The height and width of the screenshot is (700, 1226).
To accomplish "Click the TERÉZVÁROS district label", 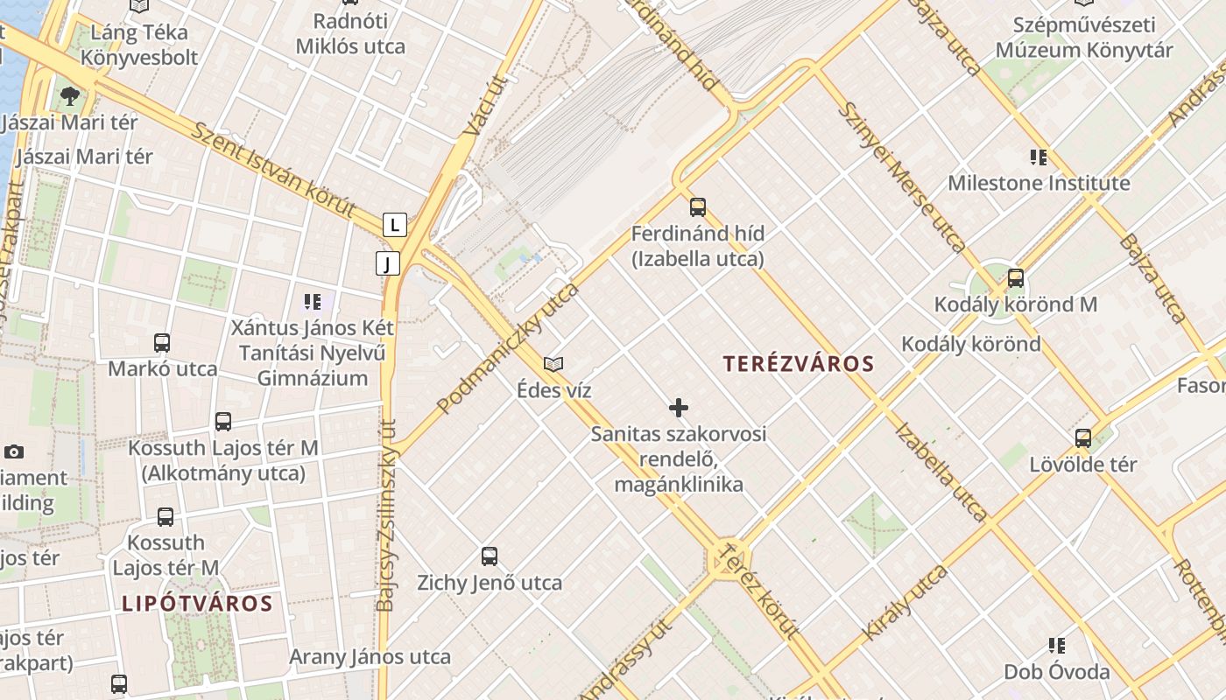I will click(x=799, y=363).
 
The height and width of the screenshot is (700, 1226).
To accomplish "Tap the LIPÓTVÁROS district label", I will click(x=197, y=603).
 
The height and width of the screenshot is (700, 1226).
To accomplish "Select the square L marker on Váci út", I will click(x=395, y=225).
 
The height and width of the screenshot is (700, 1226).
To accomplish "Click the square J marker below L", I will click(x=388, y=262).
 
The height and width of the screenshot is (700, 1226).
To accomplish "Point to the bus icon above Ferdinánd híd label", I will click(x=698, y=207).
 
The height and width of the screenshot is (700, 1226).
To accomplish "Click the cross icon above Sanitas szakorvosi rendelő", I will click(x=678, y=408).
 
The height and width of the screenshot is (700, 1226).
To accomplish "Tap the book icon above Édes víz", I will click(x=553, y=364).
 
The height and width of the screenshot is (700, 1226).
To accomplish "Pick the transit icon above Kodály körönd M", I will click(x=1015, y=278).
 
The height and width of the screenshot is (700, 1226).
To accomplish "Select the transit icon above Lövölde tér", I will click(x=1083, y=438).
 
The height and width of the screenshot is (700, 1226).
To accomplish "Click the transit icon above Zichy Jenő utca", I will click(x=490, y=556).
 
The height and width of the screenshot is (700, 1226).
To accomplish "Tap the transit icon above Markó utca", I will click(x=162, y=343).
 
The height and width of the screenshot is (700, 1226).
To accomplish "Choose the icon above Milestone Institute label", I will click(x=1039, y=157).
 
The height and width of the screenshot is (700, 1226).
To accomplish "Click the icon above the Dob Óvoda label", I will click(x=1057, y=646).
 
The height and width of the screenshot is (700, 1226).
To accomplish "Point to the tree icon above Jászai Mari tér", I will click(x=70, y=95).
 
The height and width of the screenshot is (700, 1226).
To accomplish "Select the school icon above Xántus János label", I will click(x=313, y=303).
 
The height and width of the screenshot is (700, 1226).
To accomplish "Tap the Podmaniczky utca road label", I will click(x=509, y=347).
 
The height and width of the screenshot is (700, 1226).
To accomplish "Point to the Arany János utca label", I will click(x=370, y=657).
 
